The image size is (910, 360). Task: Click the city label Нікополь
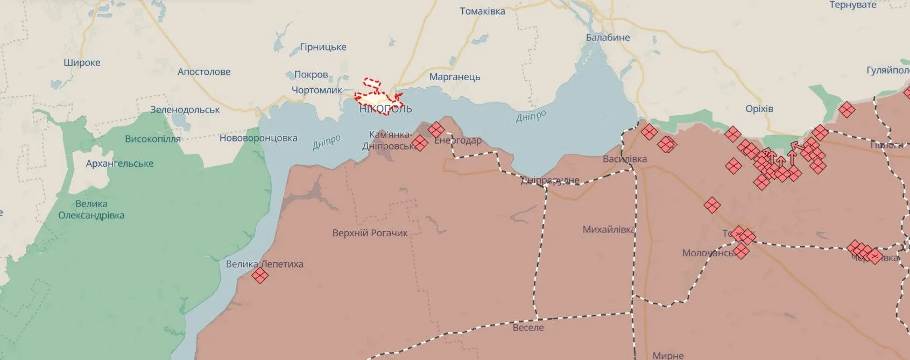pyautogui.click(x=386, y=109)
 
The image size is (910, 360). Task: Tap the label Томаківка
pyautogui.click(x=482, y=11)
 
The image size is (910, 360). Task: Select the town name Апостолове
pyautogui.click(x=204, y=72)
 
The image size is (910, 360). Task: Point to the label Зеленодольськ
pyautogui.click(x=185, y=110)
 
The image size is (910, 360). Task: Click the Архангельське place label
pyautogui.click(x=119, y=164)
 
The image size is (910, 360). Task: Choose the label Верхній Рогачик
pyautogui.click(x=370, y=233)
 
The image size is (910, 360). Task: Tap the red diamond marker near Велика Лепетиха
pyautogui.click(x=260, y=276)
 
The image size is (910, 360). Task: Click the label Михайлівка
pyautogui.click(x=609, y=230)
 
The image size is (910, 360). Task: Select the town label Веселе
pyautogui.click(x=528, y=327)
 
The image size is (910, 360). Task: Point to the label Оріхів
pyautogui.click(x=759, y=109)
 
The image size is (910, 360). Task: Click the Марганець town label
pyautogui.click(x=455, y=77)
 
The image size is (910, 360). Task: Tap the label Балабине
pyautogui.click(x=608, y=38)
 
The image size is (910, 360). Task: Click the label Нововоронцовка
pyautogui.click(x=258, y=138)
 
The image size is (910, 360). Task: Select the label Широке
pyautogui.click(x=82, y=62)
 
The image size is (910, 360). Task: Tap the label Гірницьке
pyautogui.click(x=323, y=47)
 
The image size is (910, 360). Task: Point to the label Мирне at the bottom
pyautogui.click(x=668, y=355)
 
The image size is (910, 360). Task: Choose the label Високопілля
pyautogui.click(x=153, y=139)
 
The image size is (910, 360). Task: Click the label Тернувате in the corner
pyautogui.click(x=853, y=5)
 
